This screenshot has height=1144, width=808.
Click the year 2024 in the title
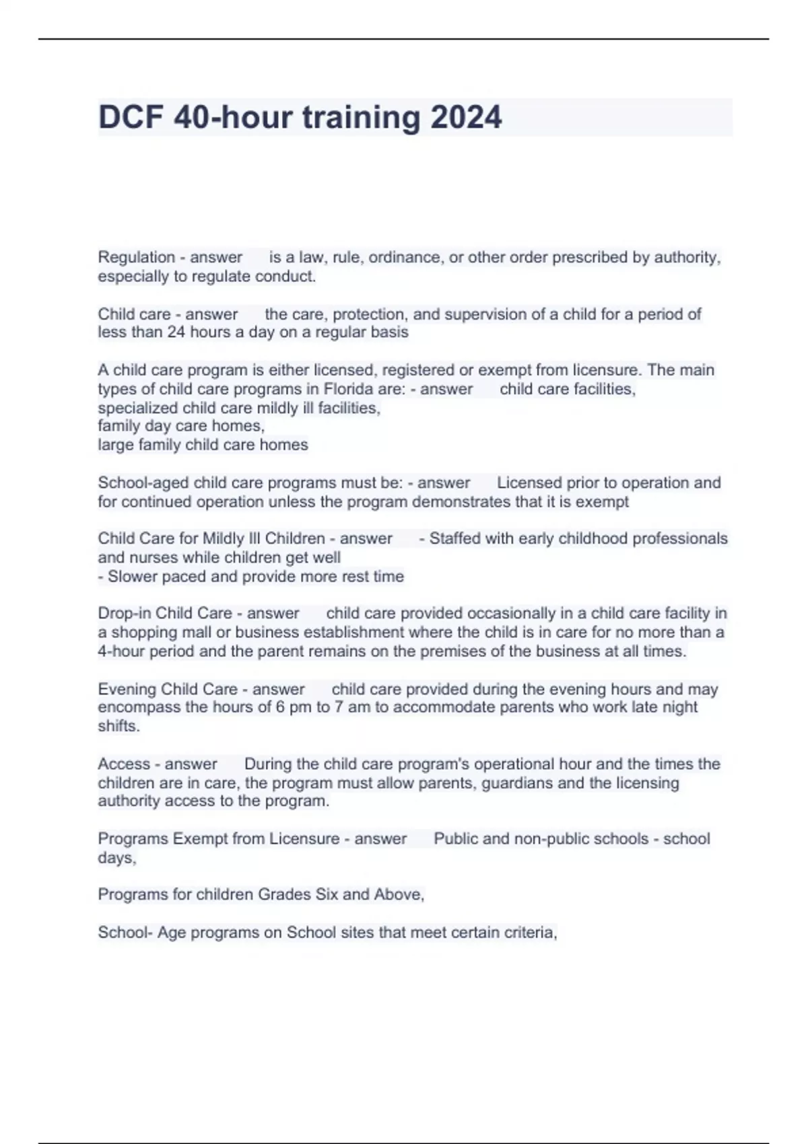pyautogui.click(x=466, y=118)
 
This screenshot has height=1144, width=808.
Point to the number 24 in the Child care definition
pyautogui.click(x=176, y=332)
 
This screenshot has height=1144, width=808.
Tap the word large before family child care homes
pyautogui.click(x=116, y=445)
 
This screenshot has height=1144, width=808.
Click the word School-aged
pyautogui.click(x=143, y=482)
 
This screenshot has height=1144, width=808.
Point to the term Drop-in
pyautogui.click(x=124, y=613)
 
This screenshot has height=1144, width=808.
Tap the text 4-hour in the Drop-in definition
pyautogui.click(x=121, y=651)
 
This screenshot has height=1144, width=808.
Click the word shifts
pyautogui.click(x=119, y=726)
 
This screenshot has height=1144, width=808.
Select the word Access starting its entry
pyautogui.click(x=124, y=764)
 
